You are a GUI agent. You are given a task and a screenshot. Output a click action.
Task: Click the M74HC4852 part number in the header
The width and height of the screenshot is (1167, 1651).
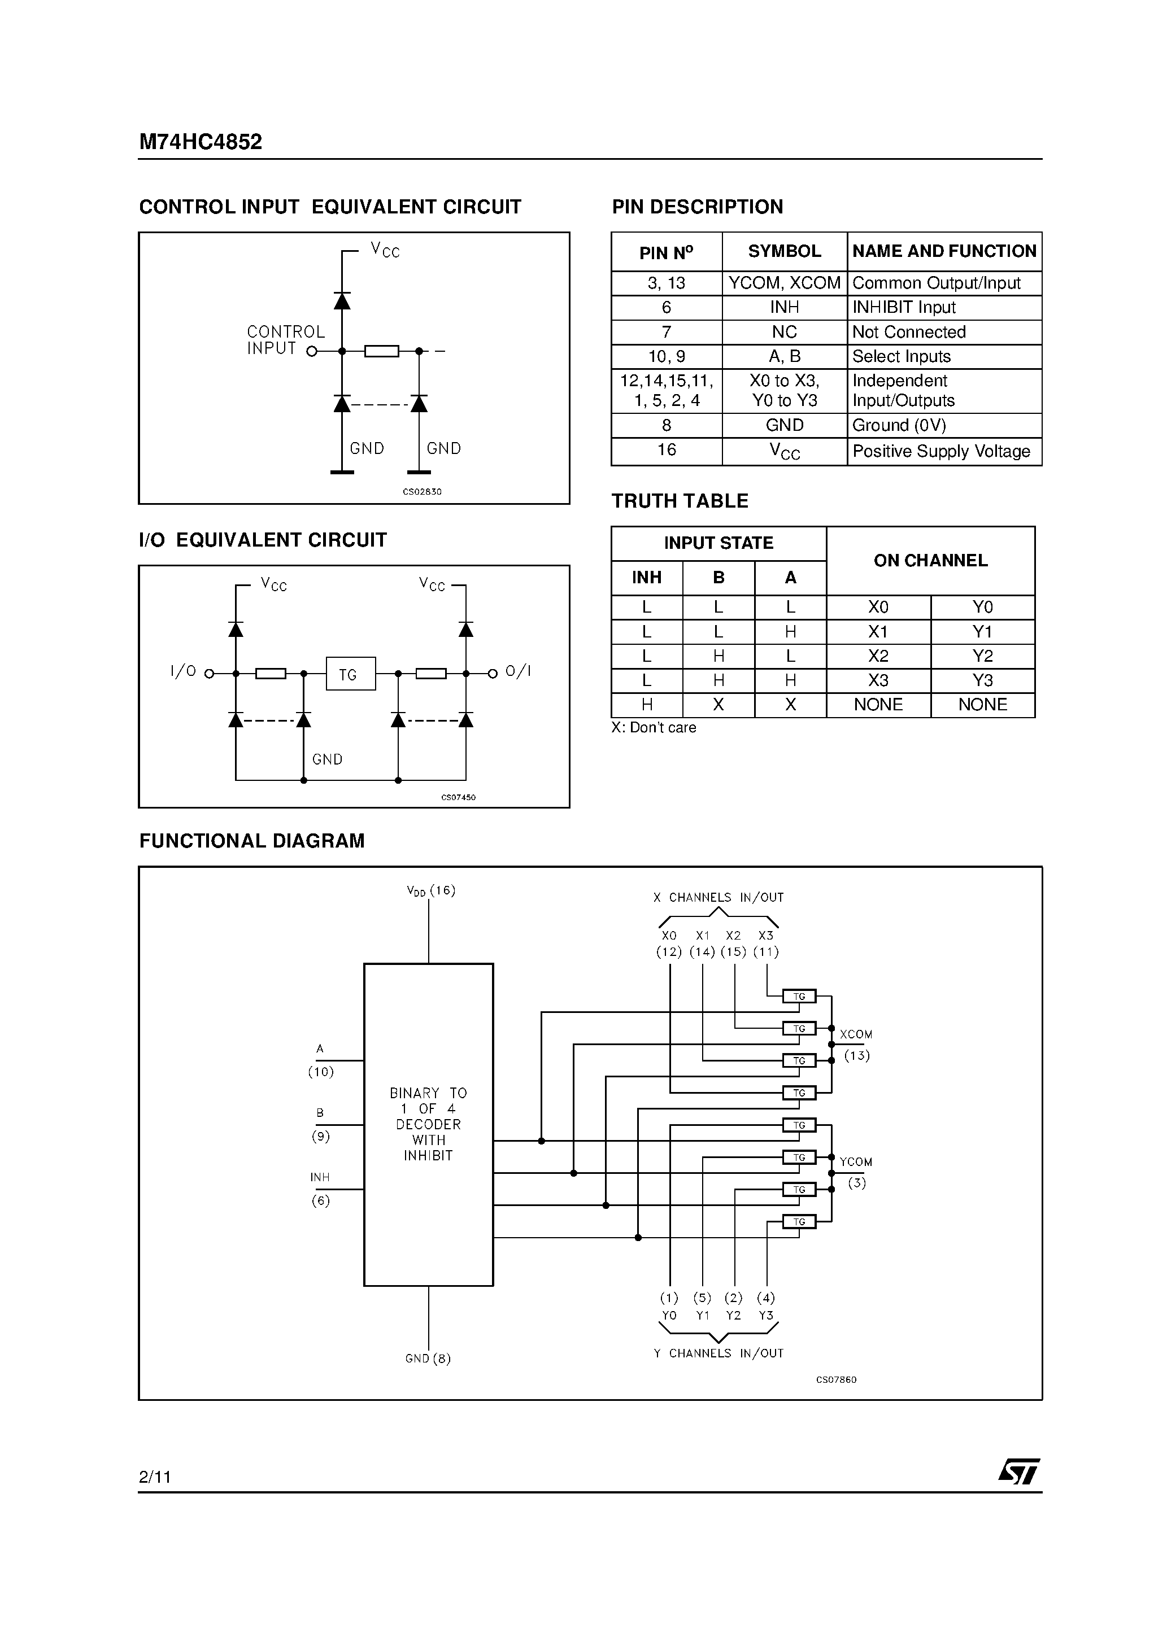point(200,142)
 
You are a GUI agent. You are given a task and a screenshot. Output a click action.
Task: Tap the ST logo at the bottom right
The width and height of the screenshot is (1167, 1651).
point(1019,1471)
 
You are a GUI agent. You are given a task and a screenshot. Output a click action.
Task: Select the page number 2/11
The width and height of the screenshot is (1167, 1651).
point(155,1477)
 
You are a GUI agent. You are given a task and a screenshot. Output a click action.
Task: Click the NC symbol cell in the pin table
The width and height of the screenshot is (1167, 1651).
point(783,332)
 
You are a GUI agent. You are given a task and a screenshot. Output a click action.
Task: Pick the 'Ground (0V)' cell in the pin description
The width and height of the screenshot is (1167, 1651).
point(899,425)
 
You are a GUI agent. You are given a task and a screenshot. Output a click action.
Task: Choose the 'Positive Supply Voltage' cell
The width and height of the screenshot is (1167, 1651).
point(940,451)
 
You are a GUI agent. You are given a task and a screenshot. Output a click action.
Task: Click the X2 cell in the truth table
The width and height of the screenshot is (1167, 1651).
point(878,656)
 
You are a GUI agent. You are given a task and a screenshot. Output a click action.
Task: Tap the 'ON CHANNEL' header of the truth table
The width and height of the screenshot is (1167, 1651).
point(930,560)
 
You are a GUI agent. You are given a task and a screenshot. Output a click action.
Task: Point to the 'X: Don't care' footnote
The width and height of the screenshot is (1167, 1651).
point(654,727)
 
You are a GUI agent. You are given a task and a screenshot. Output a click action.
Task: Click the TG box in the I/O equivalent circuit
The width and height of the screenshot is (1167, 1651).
point(350,674)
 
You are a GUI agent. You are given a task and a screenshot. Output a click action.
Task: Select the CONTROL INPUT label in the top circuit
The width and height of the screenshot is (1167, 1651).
point(286,340)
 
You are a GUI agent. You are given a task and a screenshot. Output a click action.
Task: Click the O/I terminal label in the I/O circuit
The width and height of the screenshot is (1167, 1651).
point(517,671)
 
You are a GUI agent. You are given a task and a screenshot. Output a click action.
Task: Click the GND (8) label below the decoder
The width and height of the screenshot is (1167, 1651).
point(428,1359)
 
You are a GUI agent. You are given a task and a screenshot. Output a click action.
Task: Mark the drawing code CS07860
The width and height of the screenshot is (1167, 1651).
point(836,1379)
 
